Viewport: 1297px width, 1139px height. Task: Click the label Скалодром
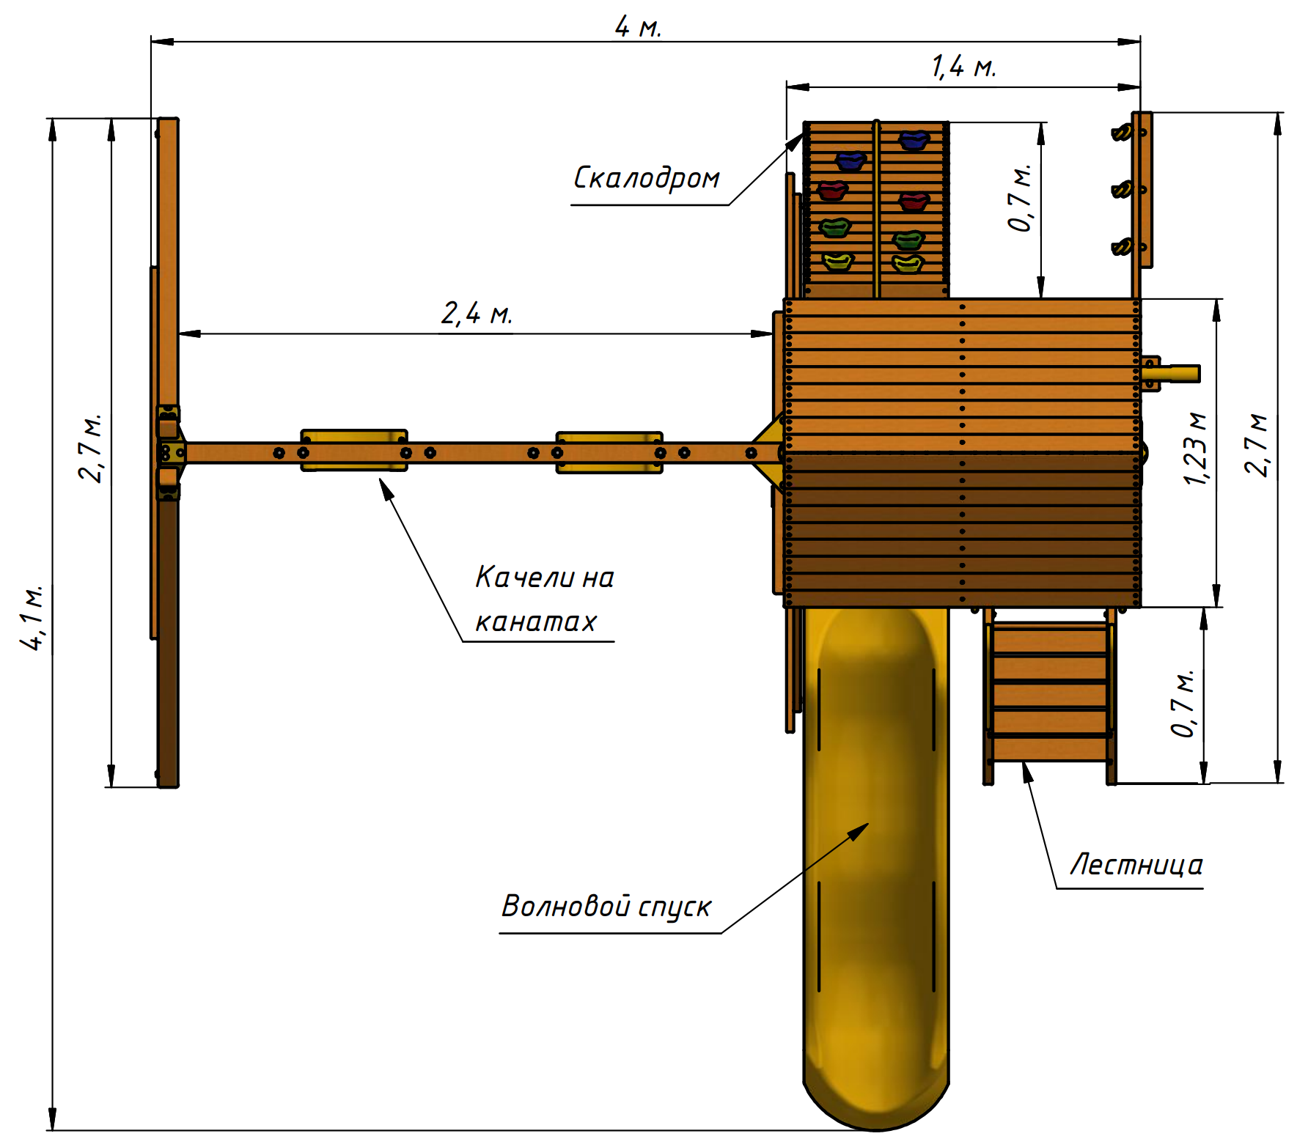pyautogui.click(x=646, y=178)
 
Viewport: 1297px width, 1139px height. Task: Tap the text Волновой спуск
pyautogui.click(x=606, y=907)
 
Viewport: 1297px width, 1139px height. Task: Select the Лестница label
pyautogui.click(x=1136, y=865)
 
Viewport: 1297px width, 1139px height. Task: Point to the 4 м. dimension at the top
pyautogui.click(x=638, y=28)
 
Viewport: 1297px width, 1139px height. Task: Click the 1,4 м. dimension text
pyautogui.click(x=963, y=67)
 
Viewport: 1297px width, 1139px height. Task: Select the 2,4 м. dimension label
pyautogui.click(x=476, y=314)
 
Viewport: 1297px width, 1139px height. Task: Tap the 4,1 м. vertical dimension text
pyautogui.click(x=32, y=617)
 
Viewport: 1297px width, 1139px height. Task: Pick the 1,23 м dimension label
pyautogui.click(x=1195, y=449)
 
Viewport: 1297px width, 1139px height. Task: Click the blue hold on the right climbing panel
pyautogui.click(x=914, y=140)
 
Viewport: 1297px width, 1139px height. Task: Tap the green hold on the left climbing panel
pyautogui.click(x=834, y=228)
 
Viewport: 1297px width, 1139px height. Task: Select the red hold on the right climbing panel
pyautogui.click(x=914, y=201)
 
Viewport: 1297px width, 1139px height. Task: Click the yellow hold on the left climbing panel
pyautogui.click(x=837, y=261)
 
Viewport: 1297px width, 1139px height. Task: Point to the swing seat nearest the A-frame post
pyautogui.click(x=354, y=450)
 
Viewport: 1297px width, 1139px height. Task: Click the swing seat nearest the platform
pyautogui.click(x=609, y=452)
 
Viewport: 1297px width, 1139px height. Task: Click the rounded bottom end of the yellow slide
pyautogui.click(x=876, y=1103)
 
